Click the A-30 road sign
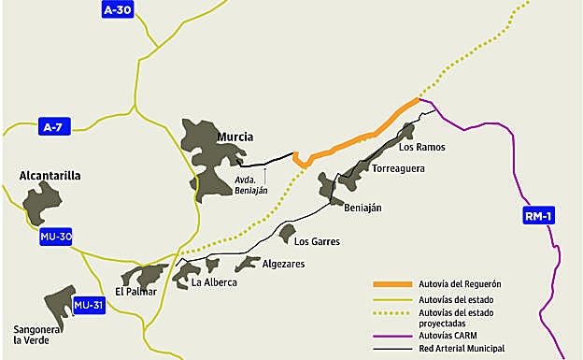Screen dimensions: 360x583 pos(118,10)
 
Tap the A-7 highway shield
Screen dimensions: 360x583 pos(53,126)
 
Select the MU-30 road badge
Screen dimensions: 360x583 pos(56,237)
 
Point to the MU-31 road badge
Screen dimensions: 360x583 pos(89,305)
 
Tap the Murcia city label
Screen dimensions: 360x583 pos(235,137)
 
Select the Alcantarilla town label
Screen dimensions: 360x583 pos(50,175)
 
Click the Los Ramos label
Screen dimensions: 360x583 pos(421,147)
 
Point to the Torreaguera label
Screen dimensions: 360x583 pos(399,169)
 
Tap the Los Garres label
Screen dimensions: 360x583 pos(316,241)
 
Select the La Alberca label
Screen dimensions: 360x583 pos(213,282)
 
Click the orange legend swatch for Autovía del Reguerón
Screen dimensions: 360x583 pos(390,284)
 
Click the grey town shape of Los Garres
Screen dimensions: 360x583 pos(287,232)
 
